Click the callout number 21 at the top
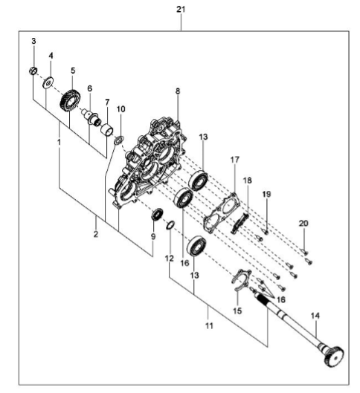[x=181, y=10]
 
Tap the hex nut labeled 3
[x=33, y=71]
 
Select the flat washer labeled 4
[x=48, y=82]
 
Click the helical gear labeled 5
[x=71, y=102]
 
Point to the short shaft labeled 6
[x=91, y=117]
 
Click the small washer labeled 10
[x=119, y=140]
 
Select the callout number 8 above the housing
[x=178, y=91]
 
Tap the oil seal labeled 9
[x=157, y=214]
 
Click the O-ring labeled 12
[x=170, y=225]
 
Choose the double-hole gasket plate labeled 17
[x=221, y=213]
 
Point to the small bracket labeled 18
[x=240, y=222]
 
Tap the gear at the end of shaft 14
[x=333, y=355]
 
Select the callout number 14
[x=315, y=316]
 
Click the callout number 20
[x=303, y=223]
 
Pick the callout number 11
[x=209, y=326]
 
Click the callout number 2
[x=96, y=234]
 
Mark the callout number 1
[x=60, y=143]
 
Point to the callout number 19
[x=267, y=194]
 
